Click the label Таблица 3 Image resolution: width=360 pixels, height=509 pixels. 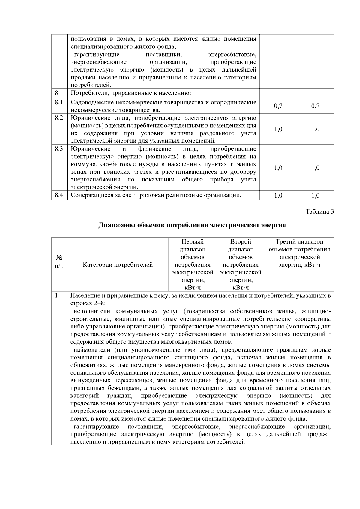click(x=319, y=211)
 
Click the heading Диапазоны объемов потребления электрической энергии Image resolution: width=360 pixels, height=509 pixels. click(x=193, y=225)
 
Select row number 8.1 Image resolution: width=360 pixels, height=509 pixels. click(x=59, y=102)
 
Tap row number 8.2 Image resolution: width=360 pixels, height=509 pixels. click(x=59, y=118)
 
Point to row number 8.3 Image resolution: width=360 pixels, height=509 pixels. click(x=59, y=149)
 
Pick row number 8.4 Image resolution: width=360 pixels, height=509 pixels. click(x=59, y=195)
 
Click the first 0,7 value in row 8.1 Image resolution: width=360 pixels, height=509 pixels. click(x=278, y=106)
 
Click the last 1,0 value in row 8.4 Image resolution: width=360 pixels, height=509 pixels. click(x=315, y=196)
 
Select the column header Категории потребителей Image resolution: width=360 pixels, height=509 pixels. click(x=118, y=265)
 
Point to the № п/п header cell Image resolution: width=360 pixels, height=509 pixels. click(x=59, y=261)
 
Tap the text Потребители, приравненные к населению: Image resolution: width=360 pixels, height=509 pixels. click(x=131, y=93)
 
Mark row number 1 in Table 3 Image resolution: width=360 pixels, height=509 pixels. click(x=56, y=295)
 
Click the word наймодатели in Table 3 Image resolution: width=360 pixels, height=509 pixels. click(x=92, y=350)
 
